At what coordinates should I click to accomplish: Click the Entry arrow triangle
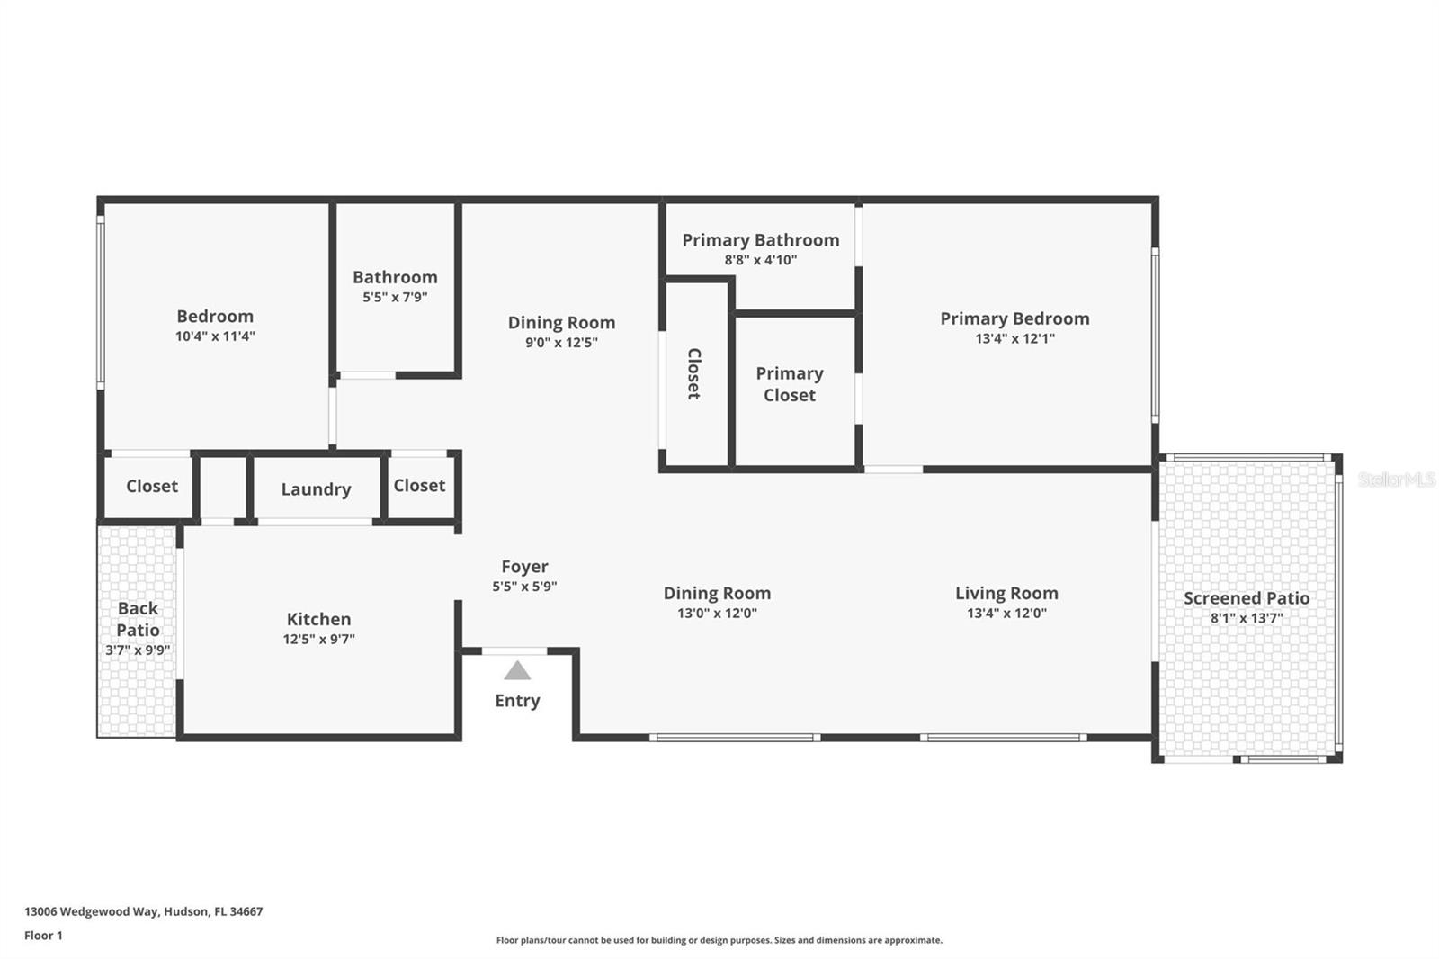(x=517, y=670)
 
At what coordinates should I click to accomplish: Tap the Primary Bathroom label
(x=760, y=240)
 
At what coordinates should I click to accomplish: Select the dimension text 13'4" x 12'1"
(x=1014, y=339)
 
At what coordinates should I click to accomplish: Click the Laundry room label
(x=316, y=489)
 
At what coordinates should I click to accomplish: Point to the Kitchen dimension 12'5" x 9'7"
(x=318, y=640)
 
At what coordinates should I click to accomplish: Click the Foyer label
(x=524, y=567)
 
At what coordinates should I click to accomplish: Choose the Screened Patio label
(x=1246, y=598)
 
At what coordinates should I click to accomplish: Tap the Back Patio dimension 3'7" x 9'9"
(x=138, y=650)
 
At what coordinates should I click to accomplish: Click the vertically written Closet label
(x=694, y=373)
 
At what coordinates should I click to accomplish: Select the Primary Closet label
(x=789, y=384)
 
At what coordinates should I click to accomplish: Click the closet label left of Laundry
(x=151, y=487)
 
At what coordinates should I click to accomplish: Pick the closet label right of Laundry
(x=419, y=486)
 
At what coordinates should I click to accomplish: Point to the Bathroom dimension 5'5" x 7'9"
(x=395, y=298)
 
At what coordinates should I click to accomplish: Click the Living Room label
(x=1006, y=594)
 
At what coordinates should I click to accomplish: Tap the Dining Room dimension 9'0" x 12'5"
(x=561, y=343)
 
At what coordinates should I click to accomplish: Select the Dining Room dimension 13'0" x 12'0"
(x=717, y=614)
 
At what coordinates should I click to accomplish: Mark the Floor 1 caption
(x=43, y=936)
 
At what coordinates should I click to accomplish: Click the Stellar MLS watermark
(x=1396, y=480)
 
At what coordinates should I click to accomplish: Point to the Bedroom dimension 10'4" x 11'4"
(x=215, y=336)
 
